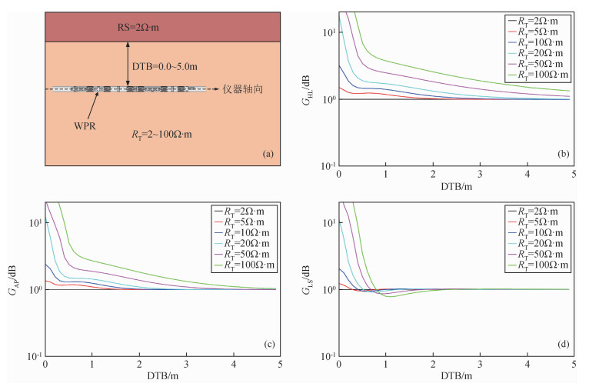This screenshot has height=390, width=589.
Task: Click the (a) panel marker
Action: tap(268, 155)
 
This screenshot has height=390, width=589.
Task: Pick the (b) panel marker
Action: tap(562, 155)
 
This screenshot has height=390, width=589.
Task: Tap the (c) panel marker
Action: tap(268, 344)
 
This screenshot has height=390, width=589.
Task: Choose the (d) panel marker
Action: tap(562, 344)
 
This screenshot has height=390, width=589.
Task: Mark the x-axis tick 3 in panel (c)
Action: tap(187, 364)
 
